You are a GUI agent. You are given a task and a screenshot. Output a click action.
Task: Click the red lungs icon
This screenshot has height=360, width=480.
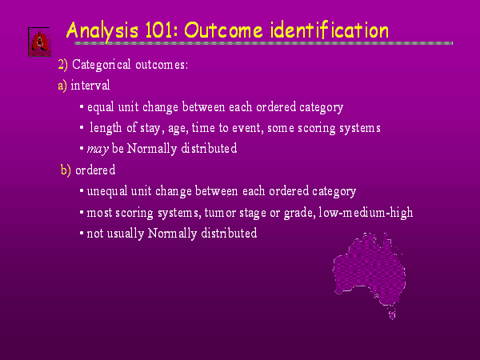39,42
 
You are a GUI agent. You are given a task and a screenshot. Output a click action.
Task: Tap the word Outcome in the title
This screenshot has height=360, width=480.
223,30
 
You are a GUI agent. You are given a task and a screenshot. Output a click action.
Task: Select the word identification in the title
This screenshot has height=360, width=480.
330,30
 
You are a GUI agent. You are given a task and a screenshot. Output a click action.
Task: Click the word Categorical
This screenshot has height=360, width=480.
102,65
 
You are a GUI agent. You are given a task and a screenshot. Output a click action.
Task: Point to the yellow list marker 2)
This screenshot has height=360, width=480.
62,65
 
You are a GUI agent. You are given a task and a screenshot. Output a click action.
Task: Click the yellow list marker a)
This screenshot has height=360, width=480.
62,86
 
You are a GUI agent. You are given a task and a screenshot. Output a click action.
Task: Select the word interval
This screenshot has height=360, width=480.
90,85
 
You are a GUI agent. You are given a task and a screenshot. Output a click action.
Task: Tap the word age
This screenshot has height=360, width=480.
178,129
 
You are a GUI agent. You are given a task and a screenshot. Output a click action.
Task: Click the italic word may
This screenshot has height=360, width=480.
98,150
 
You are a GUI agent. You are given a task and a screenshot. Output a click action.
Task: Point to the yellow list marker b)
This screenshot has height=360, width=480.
66,170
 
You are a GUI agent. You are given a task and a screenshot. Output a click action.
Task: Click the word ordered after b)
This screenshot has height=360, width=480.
95,170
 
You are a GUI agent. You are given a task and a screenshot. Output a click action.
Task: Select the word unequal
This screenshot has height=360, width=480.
107,192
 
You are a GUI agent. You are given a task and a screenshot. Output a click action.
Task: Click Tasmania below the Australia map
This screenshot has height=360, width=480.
392,314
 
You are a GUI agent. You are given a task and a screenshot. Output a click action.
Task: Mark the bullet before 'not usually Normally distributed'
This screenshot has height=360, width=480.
82,234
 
